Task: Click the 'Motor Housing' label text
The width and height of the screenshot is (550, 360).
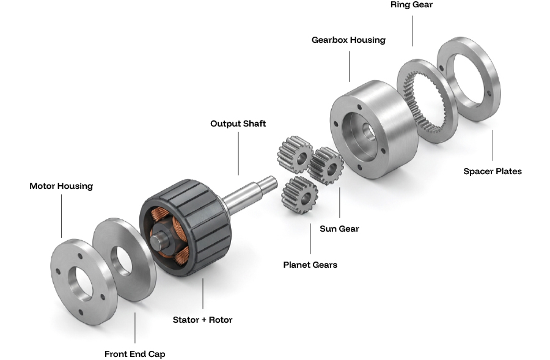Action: pos(61,186)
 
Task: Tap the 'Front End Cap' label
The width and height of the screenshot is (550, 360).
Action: pos(134,354)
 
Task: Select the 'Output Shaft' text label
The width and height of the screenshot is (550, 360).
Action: pos(238,123)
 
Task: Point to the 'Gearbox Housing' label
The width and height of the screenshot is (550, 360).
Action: pos(348,40)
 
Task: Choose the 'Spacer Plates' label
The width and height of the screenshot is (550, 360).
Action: pos(493,171)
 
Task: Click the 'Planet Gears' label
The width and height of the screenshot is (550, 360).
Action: pos(310,265)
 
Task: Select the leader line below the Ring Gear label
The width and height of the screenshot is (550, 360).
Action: pos(412,30)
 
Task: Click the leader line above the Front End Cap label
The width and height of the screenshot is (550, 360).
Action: pos(134,327)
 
